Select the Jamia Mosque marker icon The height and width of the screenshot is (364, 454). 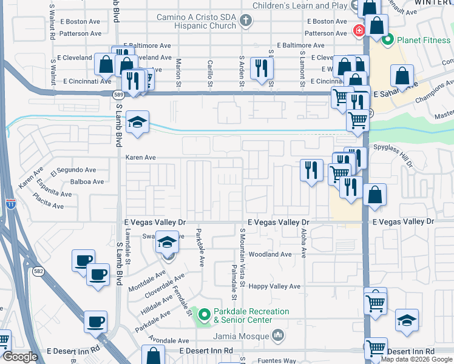point(277,335)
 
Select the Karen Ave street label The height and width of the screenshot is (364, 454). point(141,157)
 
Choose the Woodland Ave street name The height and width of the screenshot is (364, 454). point(270,255)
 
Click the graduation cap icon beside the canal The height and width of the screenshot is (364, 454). point(137,123)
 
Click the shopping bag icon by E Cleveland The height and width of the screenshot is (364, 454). point(106,64)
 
